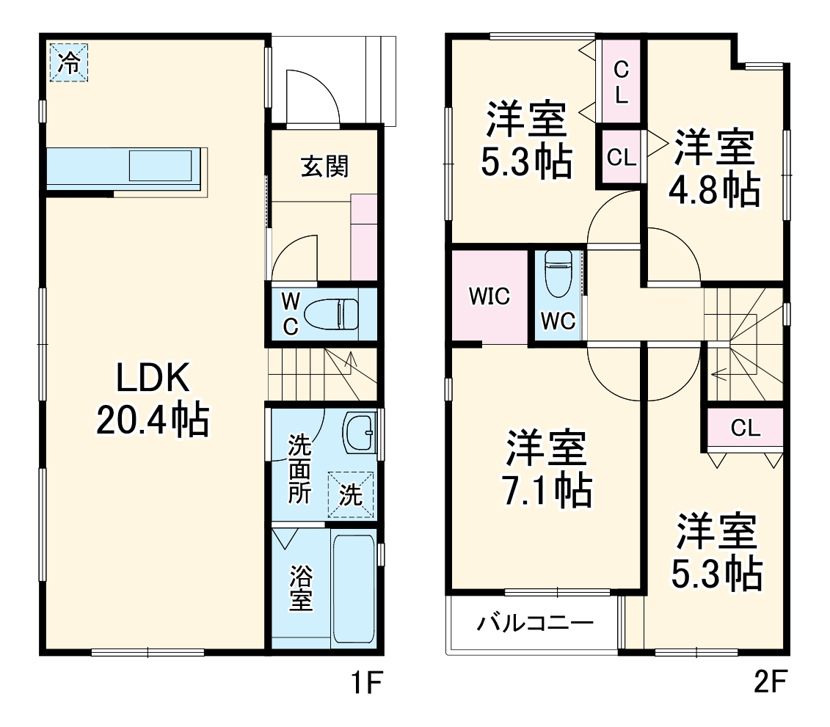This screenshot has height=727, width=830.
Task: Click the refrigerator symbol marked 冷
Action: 68,63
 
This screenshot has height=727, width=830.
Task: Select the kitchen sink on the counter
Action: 164,166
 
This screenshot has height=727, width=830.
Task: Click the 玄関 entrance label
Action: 324,167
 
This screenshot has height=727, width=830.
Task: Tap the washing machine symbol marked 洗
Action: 351,495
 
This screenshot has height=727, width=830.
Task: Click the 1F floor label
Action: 365,684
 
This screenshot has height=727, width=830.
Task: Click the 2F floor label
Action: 771,684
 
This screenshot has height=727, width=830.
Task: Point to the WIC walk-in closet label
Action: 489,297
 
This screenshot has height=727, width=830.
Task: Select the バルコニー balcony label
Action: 535,624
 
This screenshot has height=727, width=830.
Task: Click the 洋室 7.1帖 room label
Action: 547,470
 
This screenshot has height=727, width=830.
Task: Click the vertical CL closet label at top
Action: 621,82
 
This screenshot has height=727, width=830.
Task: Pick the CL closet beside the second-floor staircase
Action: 745,428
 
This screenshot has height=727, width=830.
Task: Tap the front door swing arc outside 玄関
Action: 313,95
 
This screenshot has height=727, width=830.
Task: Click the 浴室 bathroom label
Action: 300,588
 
